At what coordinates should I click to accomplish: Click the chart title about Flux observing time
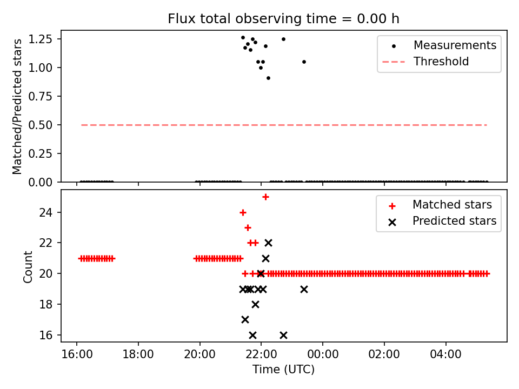(x=283, y=19)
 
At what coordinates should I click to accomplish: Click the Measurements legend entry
(x=455, y=45)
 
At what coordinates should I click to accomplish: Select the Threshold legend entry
(x=441, y=62)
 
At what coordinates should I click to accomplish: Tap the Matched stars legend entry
(x=452, y=205)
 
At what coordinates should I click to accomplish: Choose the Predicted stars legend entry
(x=454, y=220)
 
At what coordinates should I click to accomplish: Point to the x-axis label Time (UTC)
(x=283, y=370)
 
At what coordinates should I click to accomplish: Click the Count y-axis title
(x=28, y=266)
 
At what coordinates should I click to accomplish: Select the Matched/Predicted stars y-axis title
(x=17, y=106)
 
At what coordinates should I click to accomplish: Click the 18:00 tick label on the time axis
(x=138, y=355)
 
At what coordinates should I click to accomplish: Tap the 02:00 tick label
(x=384, y=355)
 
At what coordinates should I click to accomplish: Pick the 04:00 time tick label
(x=445, y=355)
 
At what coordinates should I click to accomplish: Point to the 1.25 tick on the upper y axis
(x=44, y=39)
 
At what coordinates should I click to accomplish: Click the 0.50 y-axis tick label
(x=44, y=125)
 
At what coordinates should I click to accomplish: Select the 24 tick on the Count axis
(x=50, y=212)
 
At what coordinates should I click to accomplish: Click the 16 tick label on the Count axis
(x=50, y=335)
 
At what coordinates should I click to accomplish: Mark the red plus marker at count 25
(x=265, y=197)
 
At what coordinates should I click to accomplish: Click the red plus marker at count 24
(x=243, y=212)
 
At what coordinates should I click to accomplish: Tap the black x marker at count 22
(x=268, y=243)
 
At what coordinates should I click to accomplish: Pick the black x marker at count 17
(x=245, y=319)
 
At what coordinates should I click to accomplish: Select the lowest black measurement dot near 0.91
(x=268, y=78)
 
